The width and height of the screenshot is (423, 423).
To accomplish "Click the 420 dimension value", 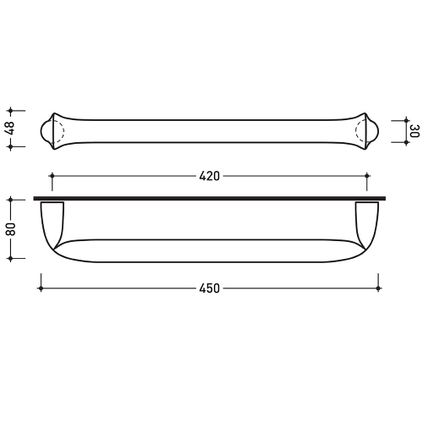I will [209, 177].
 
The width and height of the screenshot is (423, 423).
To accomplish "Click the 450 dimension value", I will [209, 288].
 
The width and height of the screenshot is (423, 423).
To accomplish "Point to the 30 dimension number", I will [414, 131].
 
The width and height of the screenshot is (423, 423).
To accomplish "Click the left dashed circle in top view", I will [57, 130].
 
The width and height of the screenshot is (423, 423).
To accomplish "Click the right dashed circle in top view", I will [365, 130].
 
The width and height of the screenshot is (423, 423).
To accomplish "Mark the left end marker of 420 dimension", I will [52, 177].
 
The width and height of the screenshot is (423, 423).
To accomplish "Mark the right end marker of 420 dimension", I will [367, 177].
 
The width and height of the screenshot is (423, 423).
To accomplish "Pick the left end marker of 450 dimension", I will [40, 288].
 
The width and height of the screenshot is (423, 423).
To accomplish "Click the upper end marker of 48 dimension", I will [11, 110].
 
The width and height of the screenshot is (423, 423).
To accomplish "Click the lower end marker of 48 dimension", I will [11, 146].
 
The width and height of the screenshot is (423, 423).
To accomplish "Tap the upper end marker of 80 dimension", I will [11, 200].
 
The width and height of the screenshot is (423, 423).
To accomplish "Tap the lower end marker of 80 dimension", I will [11, 261].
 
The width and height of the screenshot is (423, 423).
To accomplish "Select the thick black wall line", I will [210, 199].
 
